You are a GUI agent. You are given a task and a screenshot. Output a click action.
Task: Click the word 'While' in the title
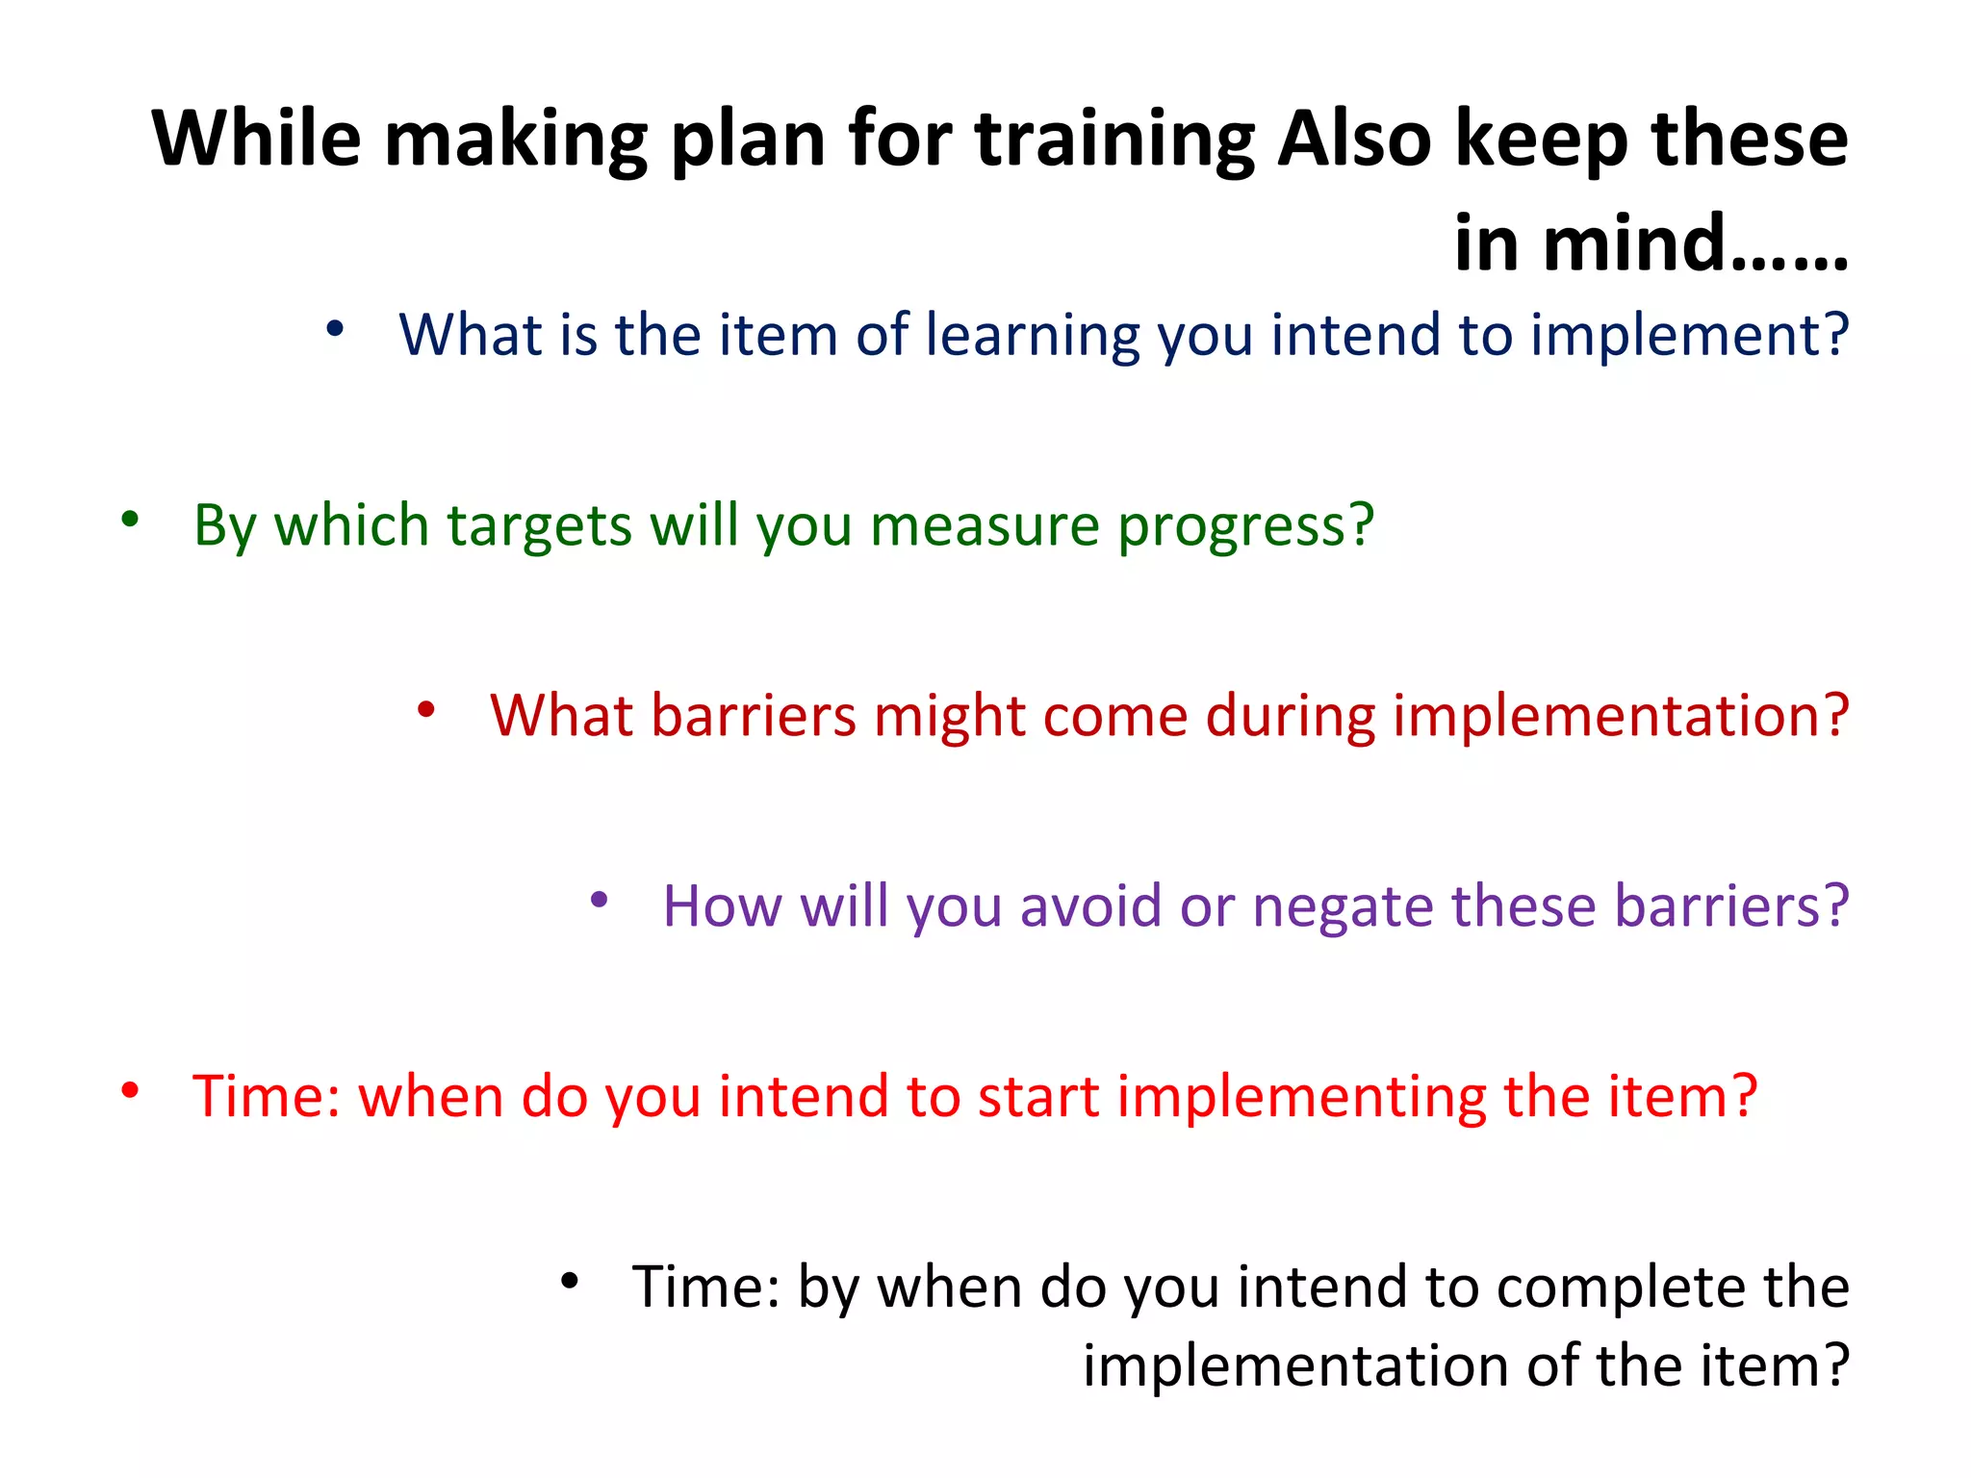click(256, 140)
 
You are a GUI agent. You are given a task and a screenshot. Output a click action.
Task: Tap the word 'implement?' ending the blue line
click(1689, 337)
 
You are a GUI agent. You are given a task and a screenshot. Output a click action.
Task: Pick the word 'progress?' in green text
click(1245, 527)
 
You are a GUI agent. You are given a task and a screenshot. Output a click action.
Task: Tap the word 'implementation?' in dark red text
click(1621, 717)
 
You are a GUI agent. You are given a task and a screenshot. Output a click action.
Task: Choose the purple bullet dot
click(599, 901)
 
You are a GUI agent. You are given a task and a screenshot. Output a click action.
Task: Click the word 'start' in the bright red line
click(1037, 1097)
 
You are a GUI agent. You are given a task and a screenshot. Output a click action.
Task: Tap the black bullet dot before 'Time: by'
click(570, 1281)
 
